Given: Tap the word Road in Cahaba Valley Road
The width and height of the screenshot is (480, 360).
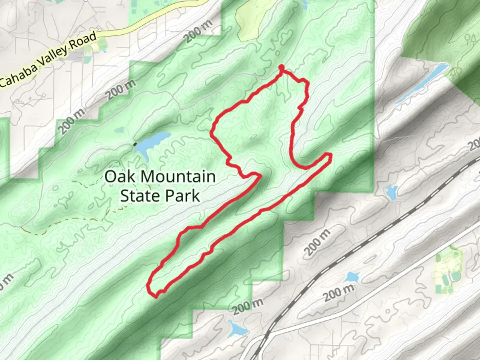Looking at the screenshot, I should [83, 41].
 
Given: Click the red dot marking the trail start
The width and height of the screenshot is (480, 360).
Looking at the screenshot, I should [282, 68].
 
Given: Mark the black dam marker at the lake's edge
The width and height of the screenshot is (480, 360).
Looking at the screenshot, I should [135, 144].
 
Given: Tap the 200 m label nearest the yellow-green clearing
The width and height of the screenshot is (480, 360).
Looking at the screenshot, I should [199, 32].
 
